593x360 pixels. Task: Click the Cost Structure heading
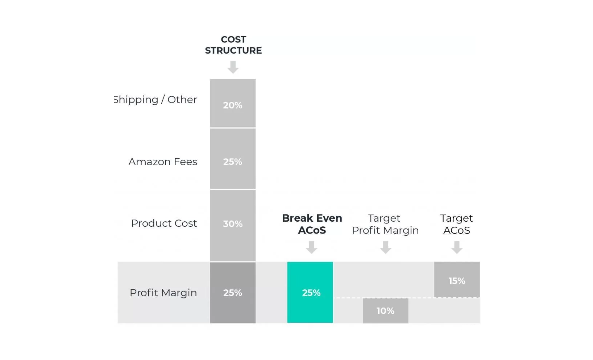(233, 45)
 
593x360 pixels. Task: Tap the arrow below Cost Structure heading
(233, 67)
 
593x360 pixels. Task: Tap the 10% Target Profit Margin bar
(385, 311)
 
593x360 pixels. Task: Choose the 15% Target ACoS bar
(457, 280)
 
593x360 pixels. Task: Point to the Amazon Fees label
(163, 162)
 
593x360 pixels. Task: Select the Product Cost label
(164, 223)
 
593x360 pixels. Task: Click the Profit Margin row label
(163, 293)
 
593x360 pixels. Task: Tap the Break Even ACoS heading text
(312, 224)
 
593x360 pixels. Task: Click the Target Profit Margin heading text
(385, 224)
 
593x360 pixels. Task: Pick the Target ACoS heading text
(456, 224)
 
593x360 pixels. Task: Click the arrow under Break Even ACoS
(311, 247)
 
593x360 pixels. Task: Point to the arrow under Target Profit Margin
(385, 247)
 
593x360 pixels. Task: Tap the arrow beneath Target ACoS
(457, 247)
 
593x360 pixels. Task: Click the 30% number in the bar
(233, 224)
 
